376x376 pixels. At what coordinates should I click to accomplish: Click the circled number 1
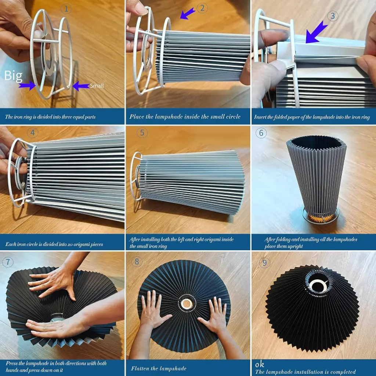[x=66, y=9]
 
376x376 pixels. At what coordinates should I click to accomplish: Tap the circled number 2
[x=202, y=8]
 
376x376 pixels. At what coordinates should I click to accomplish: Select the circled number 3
[x=333, y=16]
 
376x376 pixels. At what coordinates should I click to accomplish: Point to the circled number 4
[x=33, y=133]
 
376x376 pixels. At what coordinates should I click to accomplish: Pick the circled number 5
[x=142, y=133]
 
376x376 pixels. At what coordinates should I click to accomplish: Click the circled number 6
[x=261, y=133]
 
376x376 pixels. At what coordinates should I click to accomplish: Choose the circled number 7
[x=8, y=262]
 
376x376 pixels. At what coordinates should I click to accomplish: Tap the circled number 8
[x=137, y=261]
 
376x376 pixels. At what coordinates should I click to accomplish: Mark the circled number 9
[x=264, y=263]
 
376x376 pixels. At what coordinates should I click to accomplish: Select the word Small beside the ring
[x=97, y=86]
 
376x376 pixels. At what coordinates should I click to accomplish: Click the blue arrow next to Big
[x=27, y=85]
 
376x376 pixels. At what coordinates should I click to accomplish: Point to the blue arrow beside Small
[x=81, y=86]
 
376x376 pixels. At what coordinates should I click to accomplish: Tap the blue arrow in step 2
[x=188, y=13]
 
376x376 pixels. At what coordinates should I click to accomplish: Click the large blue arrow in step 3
[x=316, y=32]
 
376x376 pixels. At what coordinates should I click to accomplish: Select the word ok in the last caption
[x=260, y=365]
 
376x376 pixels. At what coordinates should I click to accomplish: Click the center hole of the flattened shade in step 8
[x=187, y=304]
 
